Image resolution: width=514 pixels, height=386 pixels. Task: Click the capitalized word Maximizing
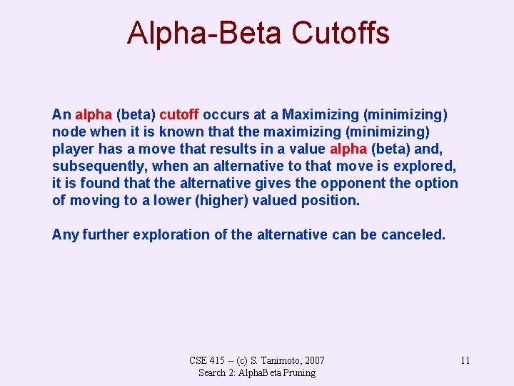(321, 114)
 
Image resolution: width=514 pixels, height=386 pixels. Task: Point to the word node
(68, 132)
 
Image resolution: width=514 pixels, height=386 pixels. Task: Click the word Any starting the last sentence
(65, 234)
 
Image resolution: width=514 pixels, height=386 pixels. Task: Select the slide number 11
(465, 360)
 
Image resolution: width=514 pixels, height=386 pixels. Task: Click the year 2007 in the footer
(311, 360)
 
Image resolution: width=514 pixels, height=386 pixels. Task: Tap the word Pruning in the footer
(298, 372)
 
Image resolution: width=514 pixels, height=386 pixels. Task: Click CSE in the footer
(200, 360)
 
